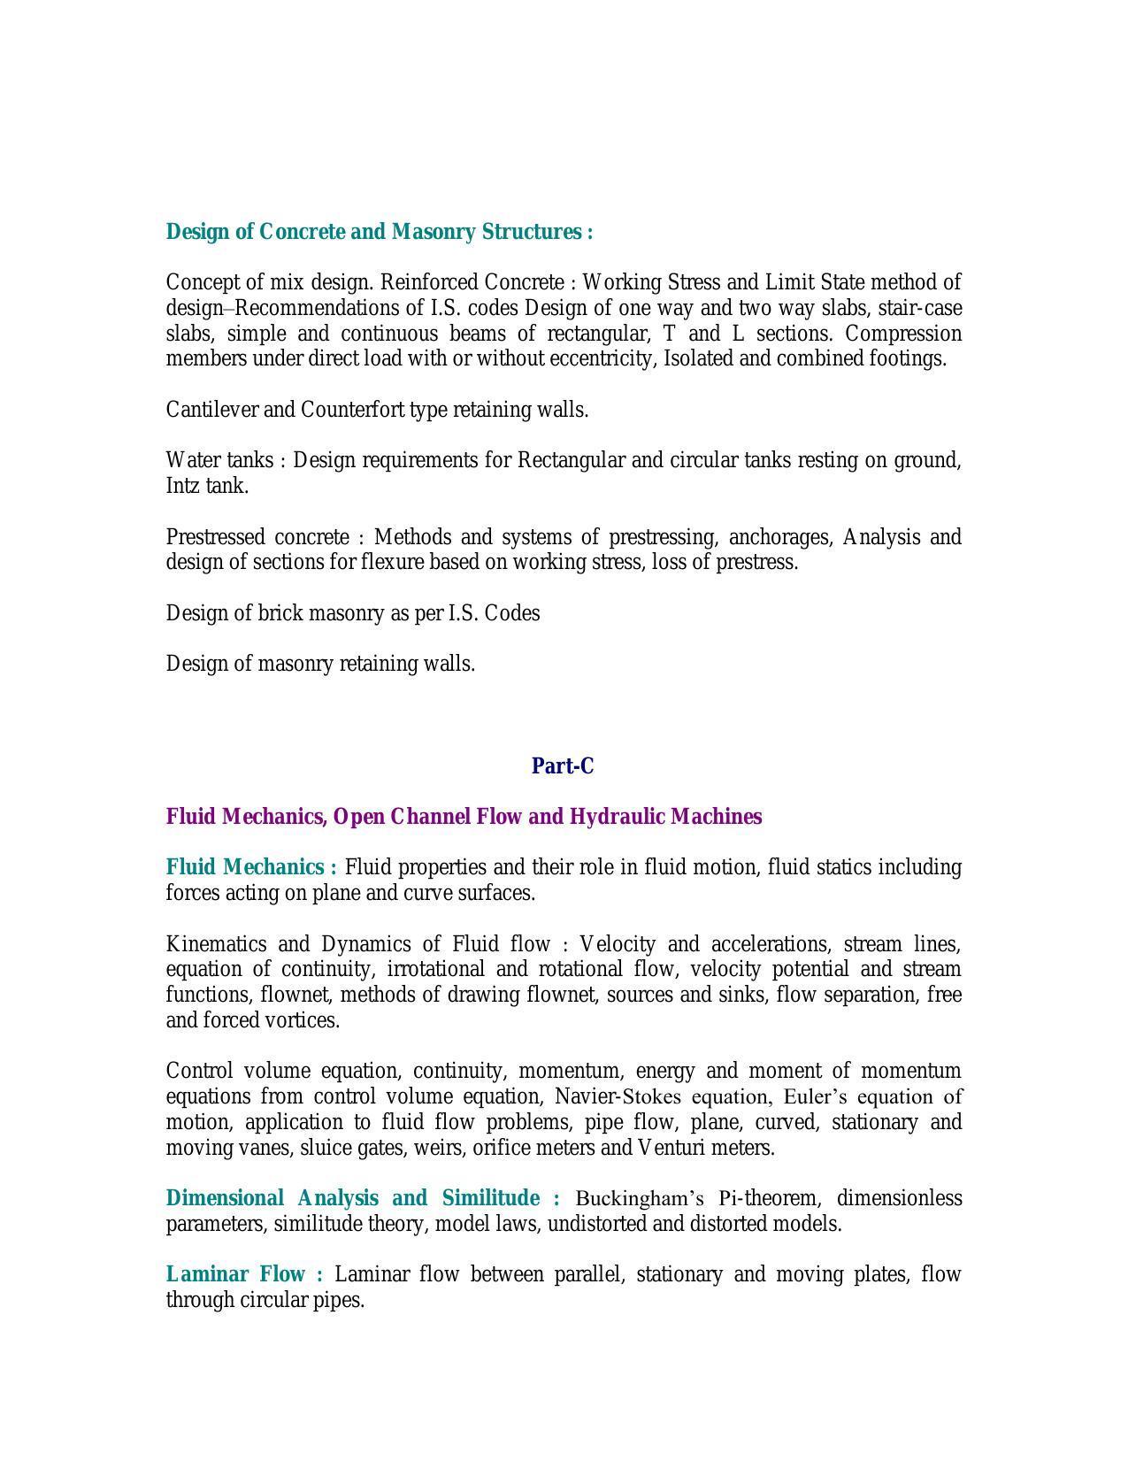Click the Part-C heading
point(563,766)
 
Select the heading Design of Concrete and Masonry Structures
point(379,232)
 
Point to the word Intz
point(183,487)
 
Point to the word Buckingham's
point(640,1199)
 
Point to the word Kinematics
point(216,944)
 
